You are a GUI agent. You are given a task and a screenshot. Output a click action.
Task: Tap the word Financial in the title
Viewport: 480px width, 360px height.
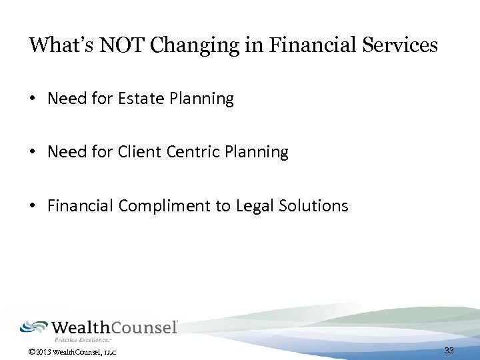pyautogui.click(x=297, y=45)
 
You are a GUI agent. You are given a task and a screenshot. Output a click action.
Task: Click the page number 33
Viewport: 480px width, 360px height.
pyautogui.click(x=449, y=351)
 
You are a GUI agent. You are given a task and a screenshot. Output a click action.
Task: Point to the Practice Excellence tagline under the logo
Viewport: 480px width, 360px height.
pyautogui.click(x=83, y=340)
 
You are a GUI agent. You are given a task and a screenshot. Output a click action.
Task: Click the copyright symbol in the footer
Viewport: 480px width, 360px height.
pyautogui.click(x=32, y=351)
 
